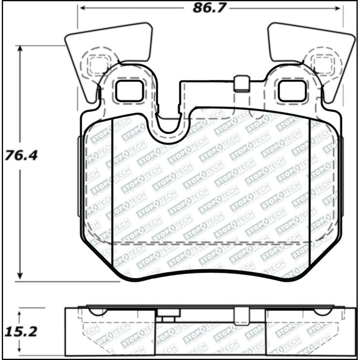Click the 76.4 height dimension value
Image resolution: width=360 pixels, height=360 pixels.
click(21, 156)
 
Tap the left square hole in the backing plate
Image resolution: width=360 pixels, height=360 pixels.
click(129, 90)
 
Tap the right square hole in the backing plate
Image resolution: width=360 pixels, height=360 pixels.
click(292, 90)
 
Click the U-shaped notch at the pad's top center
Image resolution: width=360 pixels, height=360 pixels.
click(168, 124)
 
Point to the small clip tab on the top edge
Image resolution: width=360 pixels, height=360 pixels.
click(242, 84)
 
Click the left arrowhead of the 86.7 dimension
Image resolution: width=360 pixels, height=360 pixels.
click(81, 8)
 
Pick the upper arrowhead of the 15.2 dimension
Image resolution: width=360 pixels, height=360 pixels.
click(20, 312)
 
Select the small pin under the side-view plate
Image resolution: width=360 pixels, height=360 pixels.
click(168, 319)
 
